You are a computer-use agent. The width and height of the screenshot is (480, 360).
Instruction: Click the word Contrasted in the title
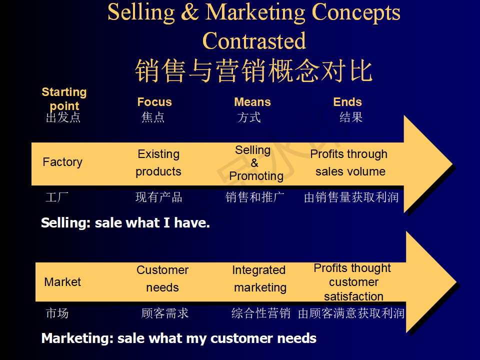click(x=254, y=40)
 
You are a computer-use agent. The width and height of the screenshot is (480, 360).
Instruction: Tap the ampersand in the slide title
click(x=190, y=12)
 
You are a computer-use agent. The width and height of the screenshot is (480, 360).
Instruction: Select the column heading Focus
click(x=154, y=102)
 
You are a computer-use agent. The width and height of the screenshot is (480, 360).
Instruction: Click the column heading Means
click(x=252, y=102)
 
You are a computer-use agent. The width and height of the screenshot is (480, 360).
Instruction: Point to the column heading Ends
click(x=347, y=102)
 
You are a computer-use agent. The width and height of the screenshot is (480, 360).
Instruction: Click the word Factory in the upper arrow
click(x=62, y=162)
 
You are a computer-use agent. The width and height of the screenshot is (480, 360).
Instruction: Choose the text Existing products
click(x=158, y=162)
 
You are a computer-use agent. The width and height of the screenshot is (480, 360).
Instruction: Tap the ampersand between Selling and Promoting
click(x=254, y=163)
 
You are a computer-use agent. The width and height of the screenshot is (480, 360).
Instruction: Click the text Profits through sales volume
click(x=349, y=162)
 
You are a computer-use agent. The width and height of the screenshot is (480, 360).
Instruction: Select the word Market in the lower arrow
click(x=62, y=282)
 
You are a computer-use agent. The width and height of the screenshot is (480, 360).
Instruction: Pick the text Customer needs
click(x=162, y=278)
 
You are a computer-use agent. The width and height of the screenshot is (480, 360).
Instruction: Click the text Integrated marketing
click(x=259, y=278)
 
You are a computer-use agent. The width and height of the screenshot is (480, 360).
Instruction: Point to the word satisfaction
click(x=353, y=296)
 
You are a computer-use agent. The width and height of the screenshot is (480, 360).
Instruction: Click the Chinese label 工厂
click(x=57, y=197)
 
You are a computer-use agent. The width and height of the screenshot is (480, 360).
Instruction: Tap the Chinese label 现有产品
click(x=159, y=197)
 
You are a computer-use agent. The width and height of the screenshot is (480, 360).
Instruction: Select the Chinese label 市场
click(x=57, y=313)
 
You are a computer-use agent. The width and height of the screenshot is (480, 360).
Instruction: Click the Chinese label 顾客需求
click(x=165, y=313)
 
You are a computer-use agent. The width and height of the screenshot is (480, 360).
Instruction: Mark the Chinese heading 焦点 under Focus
click(x=153, y=117)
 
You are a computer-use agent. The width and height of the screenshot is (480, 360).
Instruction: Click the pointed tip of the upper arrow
click(x=452, y=164)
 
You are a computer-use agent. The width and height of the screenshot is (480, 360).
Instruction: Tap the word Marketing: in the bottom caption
click(x=78, y=338)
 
